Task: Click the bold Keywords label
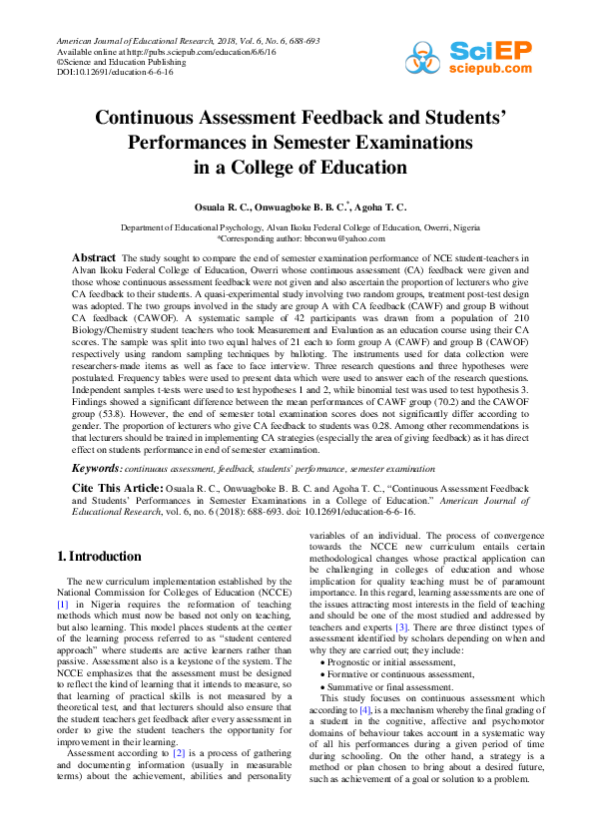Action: [96, 468]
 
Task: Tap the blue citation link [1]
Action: [62, 605]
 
